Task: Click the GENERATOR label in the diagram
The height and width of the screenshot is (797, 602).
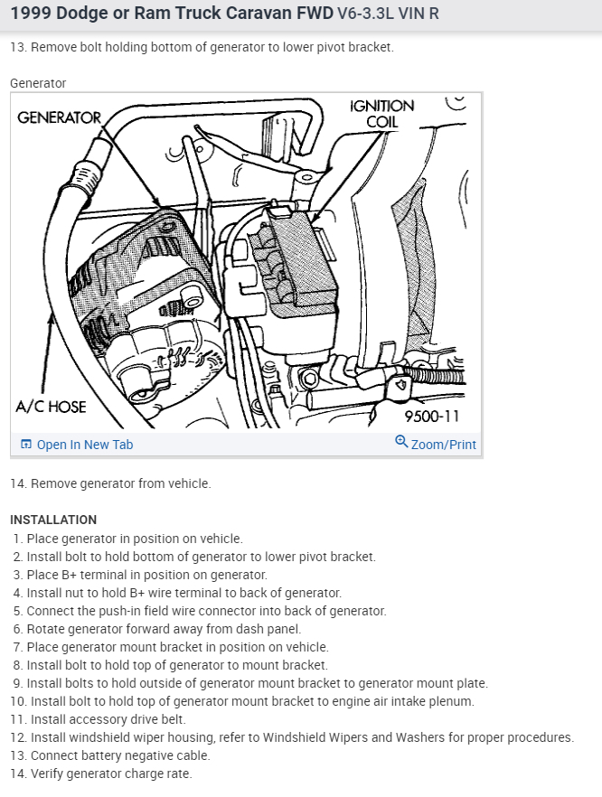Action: click(x=59, y=118)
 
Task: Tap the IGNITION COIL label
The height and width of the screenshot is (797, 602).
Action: click(x=382, y=114)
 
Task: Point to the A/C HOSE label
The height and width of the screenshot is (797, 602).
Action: click(x=52, y=407)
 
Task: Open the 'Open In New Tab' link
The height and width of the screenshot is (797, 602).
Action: click(x=84, y=445)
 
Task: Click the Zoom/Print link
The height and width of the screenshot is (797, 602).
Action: click(x=443, y=445)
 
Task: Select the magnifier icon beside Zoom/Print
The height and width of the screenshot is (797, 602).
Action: click(x=401, y=442)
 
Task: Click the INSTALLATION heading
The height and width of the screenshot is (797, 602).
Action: click(x=53, y=520)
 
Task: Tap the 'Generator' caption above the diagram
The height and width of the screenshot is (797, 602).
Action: click(x=38, y=83)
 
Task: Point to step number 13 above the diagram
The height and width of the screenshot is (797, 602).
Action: click(x=17, y=47)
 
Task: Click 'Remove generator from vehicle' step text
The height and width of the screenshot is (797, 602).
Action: click(x=120, y=483)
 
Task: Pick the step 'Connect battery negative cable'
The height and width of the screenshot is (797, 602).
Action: click(x=120, y=755)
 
